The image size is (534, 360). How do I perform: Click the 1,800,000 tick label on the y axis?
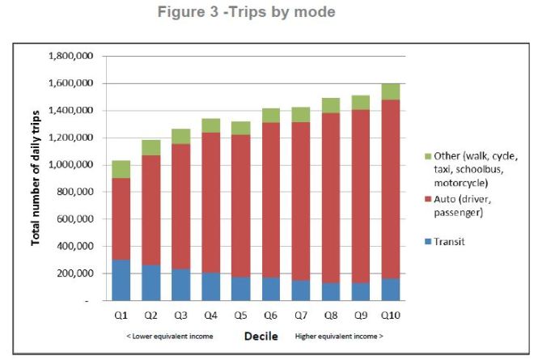point(72,57)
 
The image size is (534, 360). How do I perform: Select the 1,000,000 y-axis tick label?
point(72,165)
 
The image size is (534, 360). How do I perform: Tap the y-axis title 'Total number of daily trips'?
point(37,179)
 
